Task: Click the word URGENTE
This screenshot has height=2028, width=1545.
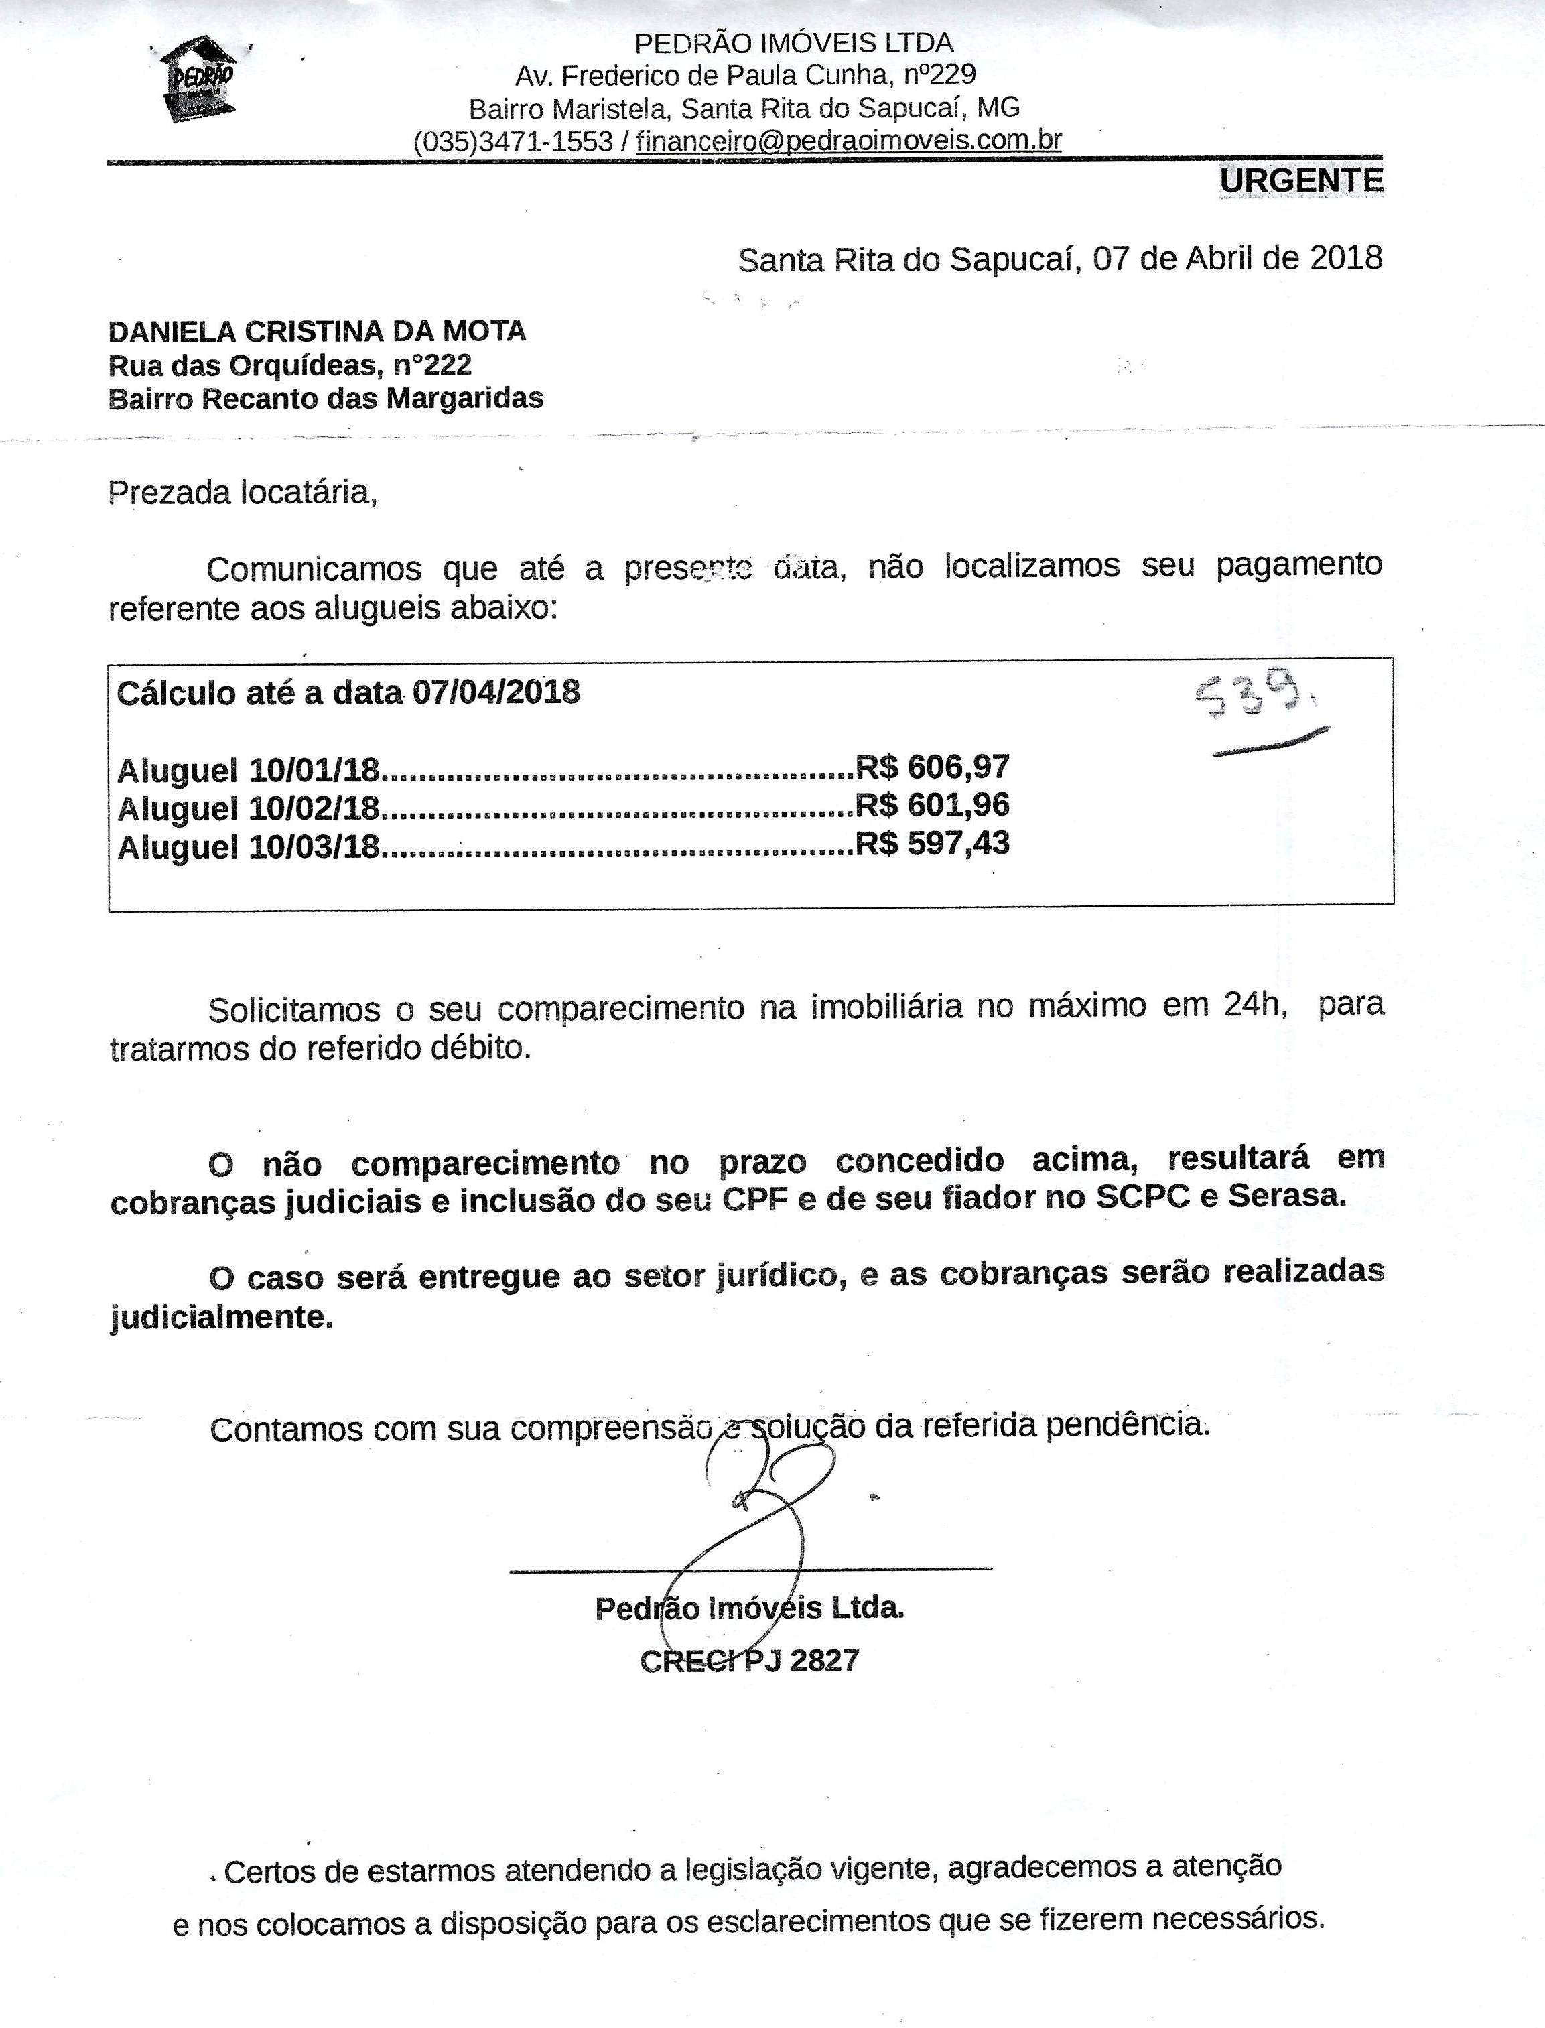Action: point(1300,181)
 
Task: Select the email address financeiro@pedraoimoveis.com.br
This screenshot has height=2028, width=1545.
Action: point(848,141)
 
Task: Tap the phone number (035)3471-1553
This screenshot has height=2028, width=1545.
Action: point(513,141)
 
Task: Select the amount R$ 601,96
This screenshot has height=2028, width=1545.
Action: point(933,805)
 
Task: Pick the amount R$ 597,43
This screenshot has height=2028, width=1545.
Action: point(933,843)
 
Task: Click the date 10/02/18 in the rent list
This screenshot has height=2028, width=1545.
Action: point(314,808)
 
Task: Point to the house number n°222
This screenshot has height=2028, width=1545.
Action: point(432,365)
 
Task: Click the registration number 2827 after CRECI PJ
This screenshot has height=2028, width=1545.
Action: point(824,1660)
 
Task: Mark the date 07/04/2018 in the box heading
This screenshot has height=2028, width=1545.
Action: point(496,692)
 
